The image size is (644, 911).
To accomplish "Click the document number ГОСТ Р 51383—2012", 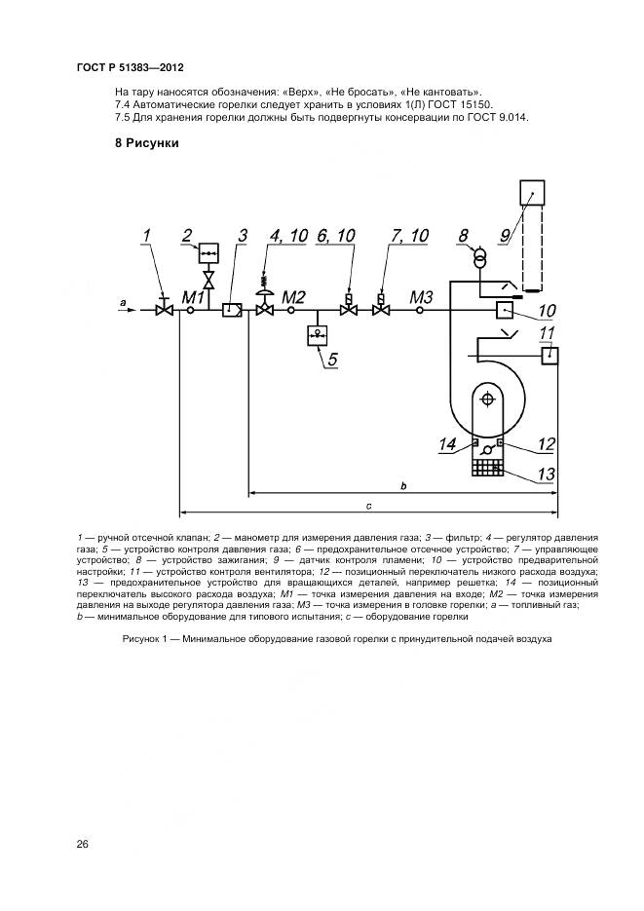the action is pyautogui.click(x=131, y=67).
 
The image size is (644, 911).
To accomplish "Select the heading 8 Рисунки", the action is pyautogui.click(x=147, y=143).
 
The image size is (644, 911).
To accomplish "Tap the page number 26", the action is pyautogui.click(x=83, y=844).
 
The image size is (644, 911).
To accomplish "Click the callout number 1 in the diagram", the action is pyautogui.click(x=146, y=236).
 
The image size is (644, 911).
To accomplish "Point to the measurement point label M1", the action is pyautogui.click(x=192, y=297).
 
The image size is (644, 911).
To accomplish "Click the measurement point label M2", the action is pyautogui.click(x=294, y=297).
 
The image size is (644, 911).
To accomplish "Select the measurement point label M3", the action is pyautogui.click(x=422, y=297).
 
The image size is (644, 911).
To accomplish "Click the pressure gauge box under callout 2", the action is pyautogui.click(x=208, y=252).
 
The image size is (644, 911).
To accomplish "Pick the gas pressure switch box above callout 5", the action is pyautogui.click(x=317, y=335).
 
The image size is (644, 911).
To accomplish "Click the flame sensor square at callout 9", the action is pyautogui.click(x=531, y=193).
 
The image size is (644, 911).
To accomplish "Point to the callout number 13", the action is pyautogui.click(x=546, y=474).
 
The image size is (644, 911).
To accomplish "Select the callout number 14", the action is pyautogui.click(x=448, y=445).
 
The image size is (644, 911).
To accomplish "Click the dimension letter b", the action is pyautogui.click(x=403, y=486).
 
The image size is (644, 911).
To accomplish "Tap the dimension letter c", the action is pyautogui.click(x=368, y=506).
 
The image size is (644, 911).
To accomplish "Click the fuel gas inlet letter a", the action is pyautogui.click(x=123, y=302).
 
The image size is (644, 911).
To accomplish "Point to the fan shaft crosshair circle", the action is pyautogui.click(x=488, y=398).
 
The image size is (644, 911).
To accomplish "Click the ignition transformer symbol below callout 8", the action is pyautogui.click(x=479, y=258).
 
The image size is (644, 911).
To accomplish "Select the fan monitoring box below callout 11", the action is pyautogui.click(x=549, y=356).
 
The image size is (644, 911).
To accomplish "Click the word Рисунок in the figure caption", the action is pyautogui.click(x=141, y=639).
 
